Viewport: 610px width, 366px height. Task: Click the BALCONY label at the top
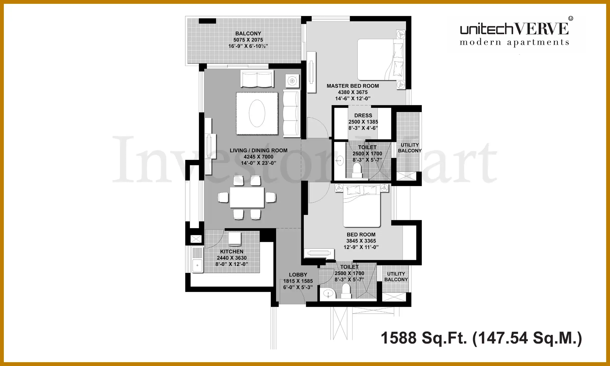(248, 34)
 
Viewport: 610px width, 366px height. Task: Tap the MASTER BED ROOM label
(353, 86)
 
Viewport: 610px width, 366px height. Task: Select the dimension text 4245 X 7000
(258, 157)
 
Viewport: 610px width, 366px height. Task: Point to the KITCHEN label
(232, 252)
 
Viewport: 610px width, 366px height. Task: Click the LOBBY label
(298, 275)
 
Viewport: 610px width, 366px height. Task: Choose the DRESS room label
(363, 116)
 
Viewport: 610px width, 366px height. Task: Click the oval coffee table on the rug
(257, 113)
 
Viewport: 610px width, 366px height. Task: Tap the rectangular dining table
(247, 197)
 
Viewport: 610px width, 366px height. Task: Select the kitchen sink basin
(197, 265)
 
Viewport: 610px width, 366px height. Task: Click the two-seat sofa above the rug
(257, 79)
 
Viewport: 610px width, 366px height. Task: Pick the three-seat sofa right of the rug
(292, 113)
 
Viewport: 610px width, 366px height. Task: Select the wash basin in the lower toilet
(328, 293)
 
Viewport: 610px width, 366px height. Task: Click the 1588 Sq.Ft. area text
(424, 338)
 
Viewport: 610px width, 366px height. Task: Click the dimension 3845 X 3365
(361, 241)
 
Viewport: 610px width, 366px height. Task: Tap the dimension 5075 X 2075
(248, 40)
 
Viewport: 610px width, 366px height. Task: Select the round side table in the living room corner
(292, 81)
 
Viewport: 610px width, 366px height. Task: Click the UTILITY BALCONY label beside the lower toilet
(396, 277)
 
